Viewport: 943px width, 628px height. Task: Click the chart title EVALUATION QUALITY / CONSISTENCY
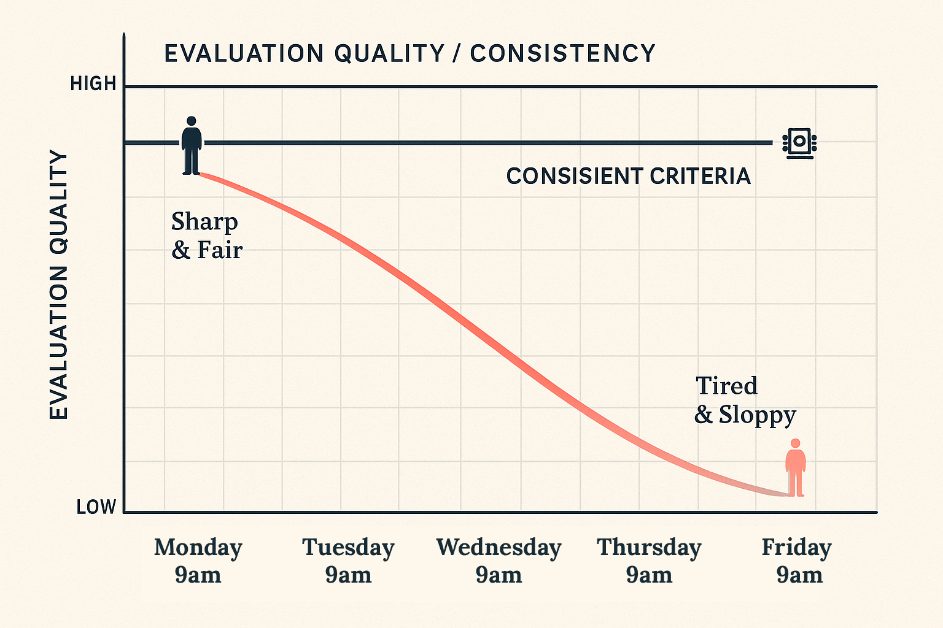pyautogui.click(x=409, y=53)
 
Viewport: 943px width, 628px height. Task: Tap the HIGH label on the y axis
pyautogui.click(x=93, y=84)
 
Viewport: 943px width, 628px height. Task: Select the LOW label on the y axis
pyautogui.click(x=96, y=507)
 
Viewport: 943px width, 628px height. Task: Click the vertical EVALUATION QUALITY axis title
pyautogui.click(x=59, y=285)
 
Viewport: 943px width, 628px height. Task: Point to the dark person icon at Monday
pyautogui.click(x=192, y=147)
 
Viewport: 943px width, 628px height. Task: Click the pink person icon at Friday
pyautogui.click(x=796, y=469)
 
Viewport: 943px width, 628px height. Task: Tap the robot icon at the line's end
pyautogui.click(x=799, y=144)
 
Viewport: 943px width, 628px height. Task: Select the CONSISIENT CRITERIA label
pyautogui.click(x=628, y=177)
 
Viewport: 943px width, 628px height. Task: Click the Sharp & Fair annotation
pyautogui.click(x=206, y=236)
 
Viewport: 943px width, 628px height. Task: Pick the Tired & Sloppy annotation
pyautogui.click(x=745, y=400)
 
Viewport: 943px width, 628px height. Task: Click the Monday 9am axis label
pyautogui.click(x=198, y=561)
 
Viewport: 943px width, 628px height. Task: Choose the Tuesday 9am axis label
pyautogui.click(x=348, y=561)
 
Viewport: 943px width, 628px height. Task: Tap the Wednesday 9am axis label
pyautogui.click(x=499, y=561)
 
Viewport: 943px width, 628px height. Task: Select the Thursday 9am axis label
pyautogui.click(x=649, y=561)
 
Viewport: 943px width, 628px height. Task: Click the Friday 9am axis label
pyautogui.click(x=797, y=561)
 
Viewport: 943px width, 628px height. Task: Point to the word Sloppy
pyautogui.click(x=758, y=415)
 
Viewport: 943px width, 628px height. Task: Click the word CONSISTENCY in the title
pyautogui.click(x=563, y=53)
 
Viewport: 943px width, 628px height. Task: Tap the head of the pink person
pyautogui.click(x=796, y=443)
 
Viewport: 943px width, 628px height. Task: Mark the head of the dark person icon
pyautogui.click(x=192, y=121)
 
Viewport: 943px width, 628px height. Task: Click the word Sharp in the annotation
pyautogui.click(x=204, y=222)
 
